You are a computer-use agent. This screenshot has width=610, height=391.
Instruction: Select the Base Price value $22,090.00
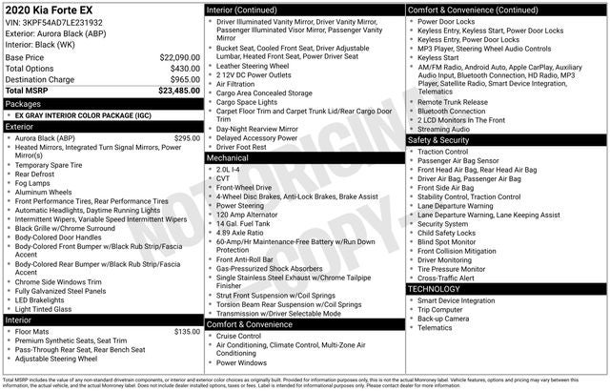179,57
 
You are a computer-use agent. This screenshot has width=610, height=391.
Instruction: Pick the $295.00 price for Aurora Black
187,138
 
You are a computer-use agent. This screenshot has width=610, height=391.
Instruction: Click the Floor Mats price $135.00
187,332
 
